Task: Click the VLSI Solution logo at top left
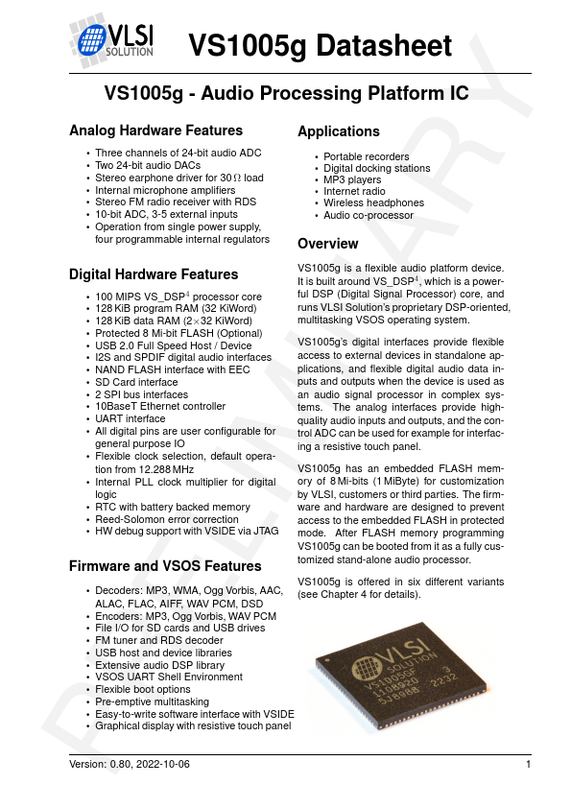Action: [x=112, y=41]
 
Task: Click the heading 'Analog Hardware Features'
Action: [x=155, y=131]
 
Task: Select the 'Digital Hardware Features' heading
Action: [x=154, y=274]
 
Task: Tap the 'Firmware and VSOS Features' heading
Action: [x=165, y=567]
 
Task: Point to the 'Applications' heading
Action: [x=338, y=131]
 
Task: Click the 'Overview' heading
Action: [x=327, y=244]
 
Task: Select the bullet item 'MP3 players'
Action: [x=351, y=179]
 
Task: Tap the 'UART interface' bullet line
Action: [x=131, y=418]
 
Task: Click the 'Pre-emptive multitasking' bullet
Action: [x=152, y=701]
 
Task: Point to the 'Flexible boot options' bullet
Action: [x=143, y=689]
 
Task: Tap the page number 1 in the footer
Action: [x=529, y=764]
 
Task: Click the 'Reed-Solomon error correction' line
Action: [x=166, y=518]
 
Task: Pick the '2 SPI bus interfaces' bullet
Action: [x=142, y=394]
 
